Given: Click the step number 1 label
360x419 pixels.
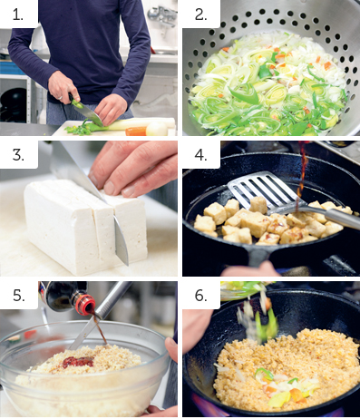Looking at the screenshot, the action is [18, 14].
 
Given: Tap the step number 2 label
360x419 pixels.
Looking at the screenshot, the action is [200, 14].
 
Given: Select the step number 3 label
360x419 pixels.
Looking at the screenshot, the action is [18, 155].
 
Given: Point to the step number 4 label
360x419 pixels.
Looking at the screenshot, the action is [200, 155].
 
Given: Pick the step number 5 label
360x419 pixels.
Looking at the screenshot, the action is [18, 295].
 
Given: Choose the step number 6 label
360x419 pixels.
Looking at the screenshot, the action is [200, 295].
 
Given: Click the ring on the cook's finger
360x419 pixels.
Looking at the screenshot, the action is [61, 98].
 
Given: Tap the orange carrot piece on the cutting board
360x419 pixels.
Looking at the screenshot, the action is [136, 132].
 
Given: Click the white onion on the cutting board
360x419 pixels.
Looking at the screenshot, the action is [157, 129].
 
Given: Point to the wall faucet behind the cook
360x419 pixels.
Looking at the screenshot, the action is [162, 15].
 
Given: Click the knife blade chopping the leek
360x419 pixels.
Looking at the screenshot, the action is [90, 114].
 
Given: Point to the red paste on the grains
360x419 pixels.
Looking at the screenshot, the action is [78, 362].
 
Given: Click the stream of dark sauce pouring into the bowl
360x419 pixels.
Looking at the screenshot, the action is [101, 329].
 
